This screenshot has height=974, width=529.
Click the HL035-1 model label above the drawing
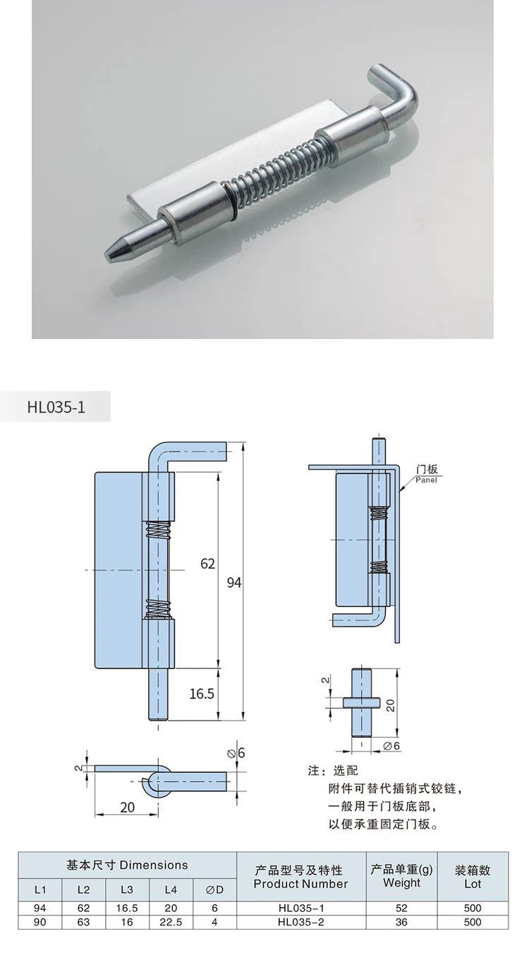point(56,407)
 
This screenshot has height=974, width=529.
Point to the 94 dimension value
point(233,582)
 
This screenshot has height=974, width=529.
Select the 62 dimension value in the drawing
point(207,564)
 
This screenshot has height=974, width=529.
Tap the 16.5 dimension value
point(201,693)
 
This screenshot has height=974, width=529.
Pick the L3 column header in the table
point(126,889)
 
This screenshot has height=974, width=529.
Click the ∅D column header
point(214,889)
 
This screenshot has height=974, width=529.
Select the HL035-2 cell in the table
point(301,922)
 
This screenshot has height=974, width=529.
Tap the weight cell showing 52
point(401,909)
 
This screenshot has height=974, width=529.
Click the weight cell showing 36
point(401,922)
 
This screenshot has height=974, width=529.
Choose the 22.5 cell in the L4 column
point(171,922)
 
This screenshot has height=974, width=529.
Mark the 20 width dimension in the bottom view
point(127,808)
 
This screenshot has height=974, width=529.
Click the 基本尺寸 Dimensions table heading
point(128,865)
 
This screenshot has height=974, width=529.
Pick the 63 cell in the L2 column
point(83,922)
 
